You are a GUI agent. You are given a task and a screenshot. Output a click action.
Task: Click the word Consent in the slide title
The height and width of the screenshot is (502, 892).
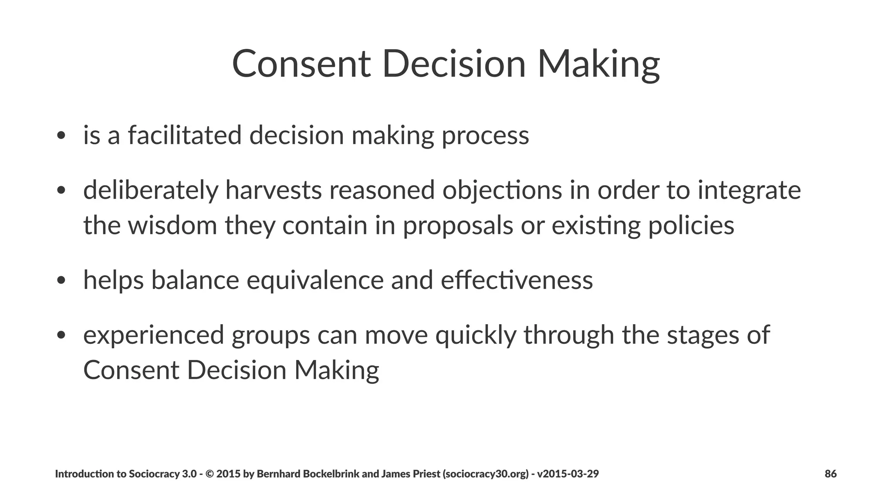(301, 64)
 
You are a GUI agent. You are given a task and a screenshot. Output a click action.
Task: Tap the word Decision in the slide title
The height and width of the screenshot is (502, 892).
(454, 64)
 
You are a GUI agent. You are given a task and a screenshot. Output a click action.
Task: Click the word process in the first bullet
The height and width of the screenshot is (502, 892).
(485, 136)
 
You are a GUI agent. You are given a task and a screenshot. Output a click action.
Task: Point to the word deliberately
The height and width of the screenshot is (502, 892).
(150, 190)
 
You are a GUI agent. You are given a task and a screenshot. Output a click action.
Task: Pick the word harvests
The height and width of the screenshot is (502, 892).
(273, 190)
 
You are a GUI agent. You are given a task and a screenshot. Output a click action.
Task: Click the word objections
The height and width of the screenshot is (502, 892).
(502, 190)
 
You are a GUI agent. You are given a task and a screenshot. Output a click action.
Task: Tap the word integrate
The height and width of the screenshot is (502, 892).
(749, 190)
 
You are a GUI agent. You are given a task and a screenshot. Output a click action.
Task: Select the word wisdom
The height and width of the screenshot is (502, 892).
(172, 225)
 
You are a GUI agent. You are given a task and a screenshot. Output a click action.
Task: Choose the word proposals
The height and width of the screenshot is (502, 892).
(458, 226)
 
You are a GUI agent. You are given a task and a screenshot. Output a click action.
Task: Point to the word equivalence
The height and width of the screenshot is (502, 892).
(315, 280)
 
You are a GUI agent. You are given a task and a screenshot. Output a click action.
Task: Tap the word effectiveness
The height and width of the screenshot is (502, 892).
(517, 280)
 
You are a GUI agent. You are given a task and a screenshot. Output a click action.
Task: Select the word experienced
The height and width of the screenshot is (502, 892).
(153, 335)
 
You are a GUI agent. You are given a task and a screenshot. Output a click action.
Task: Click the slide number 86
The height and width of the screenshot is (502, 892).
(831, 474)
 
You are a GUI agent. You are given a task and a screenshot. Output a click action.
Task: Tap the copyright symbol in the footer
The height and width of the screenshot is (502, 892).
(209, 474)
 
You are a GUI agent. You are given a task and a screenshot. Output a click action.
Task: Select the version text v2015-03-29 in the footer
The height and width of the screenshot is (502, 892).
(568, 474)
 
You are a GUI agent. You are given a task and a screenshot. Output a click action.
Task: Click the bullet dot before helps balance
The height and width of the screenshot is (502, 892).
(61, 281)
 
